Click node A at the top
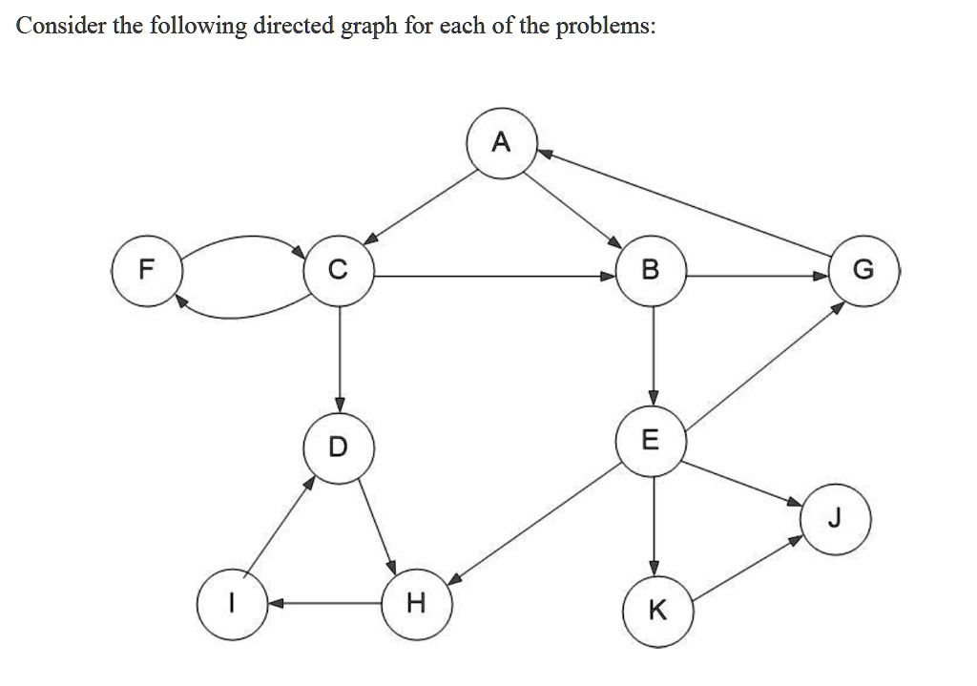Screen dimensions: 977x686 501,144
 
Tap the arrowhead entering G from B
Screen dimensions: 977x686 823,275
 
